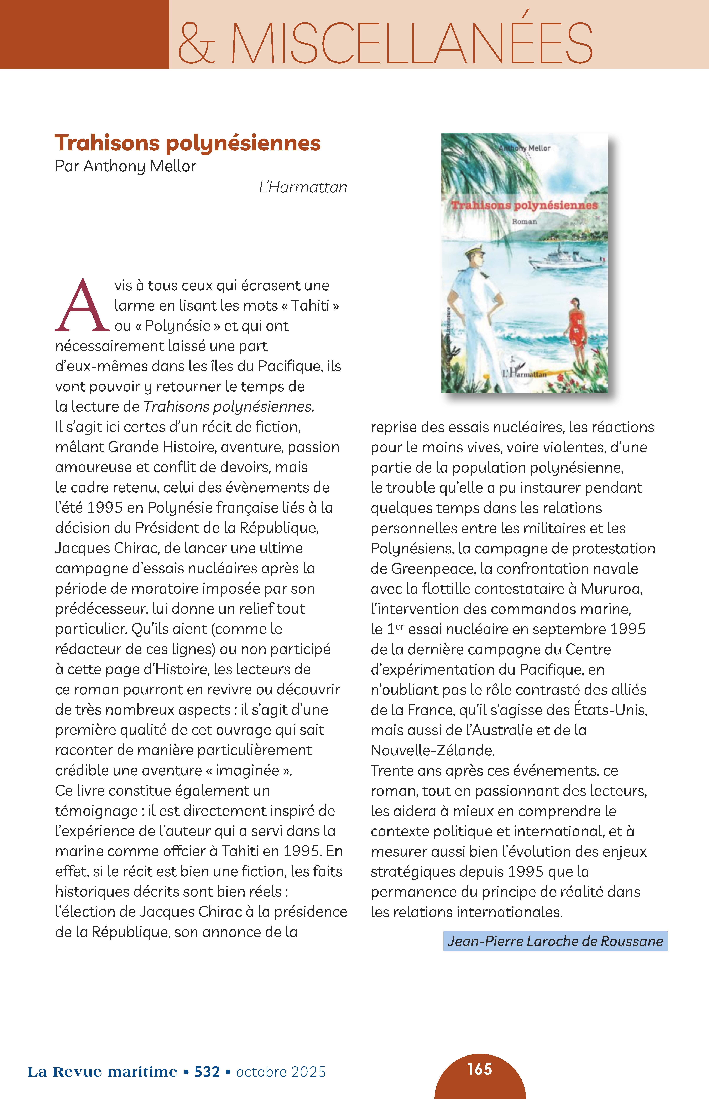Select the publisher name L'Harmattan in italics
pos(303,187)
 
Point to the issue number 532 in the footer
pos(207,1072)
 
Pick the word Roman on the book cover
pos(524,222)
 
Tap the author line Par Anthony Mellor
pos(126,166)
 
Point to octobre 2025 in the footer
pos(281,1072)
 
